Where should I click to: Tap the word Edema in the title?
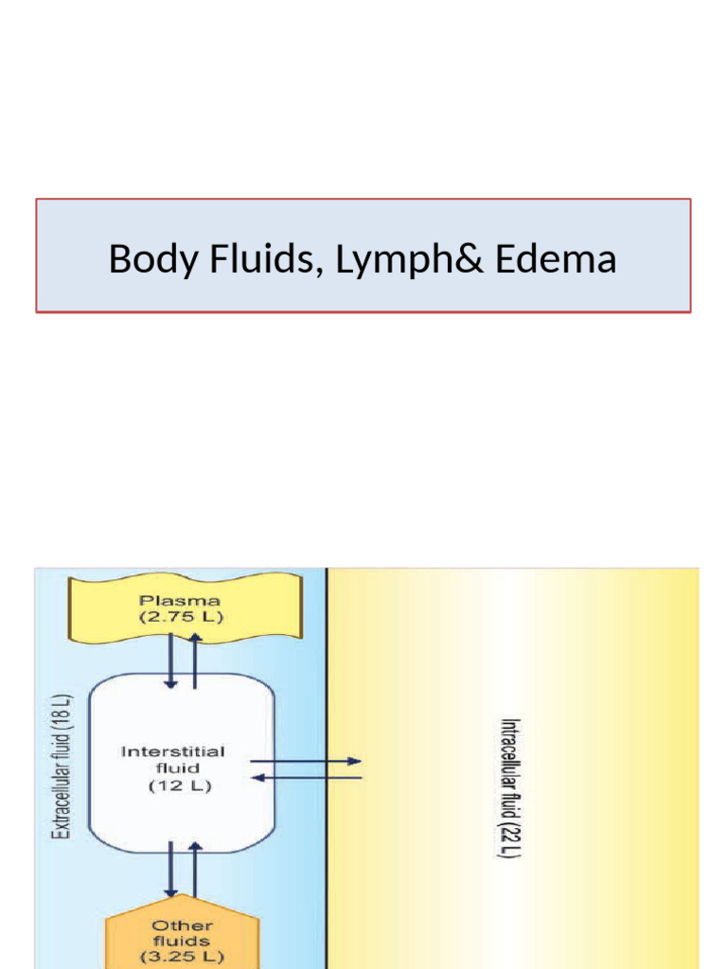pyautogui.click(x=556, y=259)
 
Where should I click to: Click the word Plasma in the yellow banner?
pyautogui.click(x=180, y=600)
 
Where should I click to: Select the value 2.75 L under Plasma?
pyautogui.click(x=180, y=617)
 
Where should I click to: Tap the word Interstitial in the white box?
pyautogui.click(x=172, y=751)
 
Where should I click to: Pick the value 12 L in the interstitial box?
pyautogui.click(x=172, y=785)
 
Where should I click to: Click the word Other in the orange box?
pyautogui.click(x=182, y=925)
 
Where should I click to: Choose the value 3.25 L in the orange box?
pyautogui.click(x=182, y=957)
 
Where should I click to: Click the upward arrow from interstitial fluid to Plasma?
pyautogui.click(x=195, y=661)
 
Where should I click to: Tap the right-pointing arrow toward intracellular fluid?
pyautogui.click(x=306, y=761)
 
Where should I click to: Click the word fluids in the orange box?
pyautogui.click(x=182, y=941)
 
